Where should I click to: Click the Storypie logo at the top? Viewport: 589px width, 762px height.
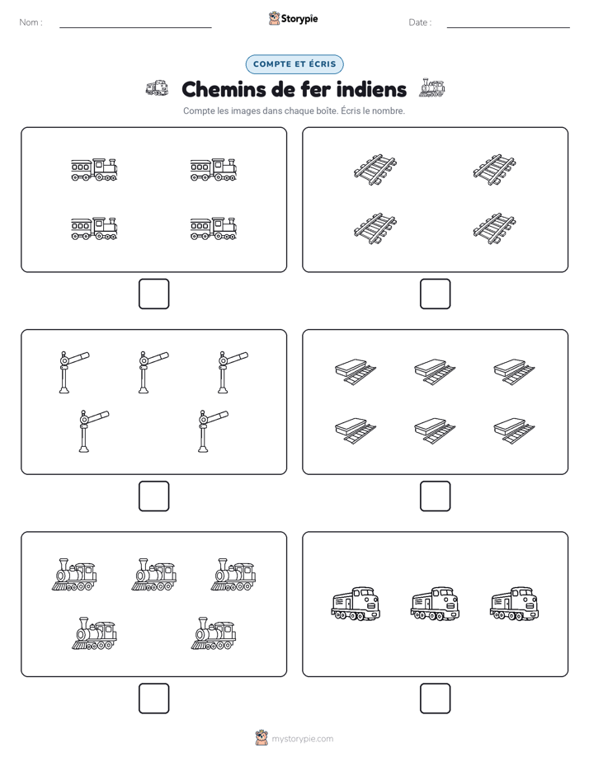[x=293, y=19]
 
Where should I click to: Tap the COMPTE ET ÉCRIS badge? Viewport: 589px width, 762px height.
[x=294, y=64]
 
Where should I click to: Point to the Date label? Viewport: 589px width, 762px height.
[x=419, y=22]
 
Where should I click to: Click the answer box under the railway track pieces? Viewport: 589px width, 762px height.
[x=435, y=294]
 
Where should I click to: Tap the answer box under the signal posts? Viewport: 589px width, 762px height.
[x=153, y=496]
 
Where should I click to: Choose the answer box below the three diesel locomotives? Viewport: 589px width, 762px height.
[x=435, y=698]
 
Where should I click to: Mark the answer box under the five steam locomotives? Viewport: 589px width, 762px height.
[x=153, y=698]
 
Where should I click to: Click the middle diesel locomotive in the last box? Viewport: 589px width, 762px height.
[x=435, y=604]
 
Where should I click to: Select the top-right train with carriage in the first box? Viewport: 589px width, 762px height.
[x=214, y=170]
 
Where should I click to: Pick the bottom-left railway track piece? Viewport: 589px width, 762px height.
[x=375, y=228]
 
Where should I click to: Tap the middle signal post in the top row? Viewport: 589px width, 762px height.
[x=153, y=372]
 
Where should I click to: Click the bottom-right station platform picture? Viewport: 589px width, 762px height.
[x=514, y=430]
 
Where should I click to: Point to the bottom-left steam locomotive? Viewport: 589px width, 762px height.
[x=94, y=633]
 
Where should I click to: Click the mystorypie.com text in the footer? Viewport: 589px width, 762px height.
[x=302, y=739]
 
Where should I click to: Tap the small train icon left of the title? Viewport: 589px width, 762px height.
[x=157, y=88]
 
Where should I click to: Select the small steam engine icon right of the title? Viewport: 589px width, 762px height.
[x=432, y=87]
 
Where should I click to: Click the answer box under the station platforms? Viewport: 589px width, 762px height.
[x=435, y=496]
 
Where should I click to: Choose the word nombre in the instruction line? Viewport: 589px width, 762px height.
[x=389, y=111]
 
